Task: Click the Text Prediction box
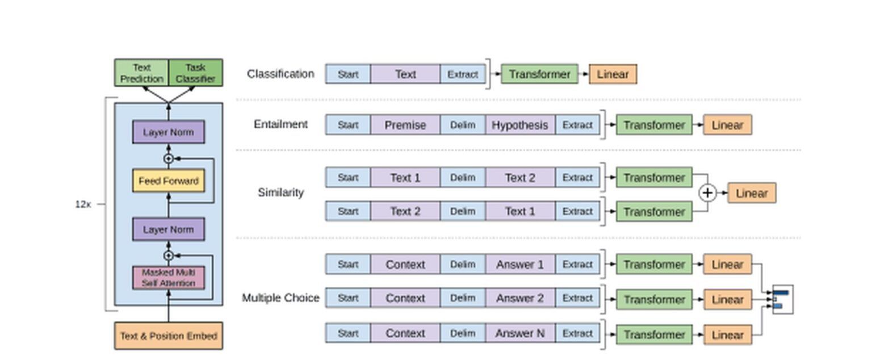pyautogui.click(x=141, y=73)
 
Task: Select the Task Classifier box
pyautogui.click(x=195, y=73)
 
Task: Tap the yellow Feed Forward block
pyautogui.click(x=169, y=181)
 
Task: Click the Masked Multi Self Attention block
pyautogui.click(x=169, y=278)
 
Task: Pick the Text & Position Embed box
pyautogui.click(x=169, y=336)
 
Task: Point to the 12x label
pyautogui.click(x=82, y=204)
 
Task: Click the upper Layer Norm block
pyautogui.click(x=169, y=132)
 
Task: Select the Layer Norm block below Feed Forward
pyautogui.click(x=169, y=229)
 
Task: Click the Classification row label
pyautogui.click(x=280, y=74)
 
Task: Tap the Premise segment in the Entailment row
pyautogui.click(x=405, y=125)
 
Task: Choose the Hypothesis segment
pyautogui.click(x=520, y=125)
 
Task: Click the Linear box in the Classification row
pyautogui.click(x=613, y=74)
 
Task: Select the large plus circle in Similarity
pyautogui.click(x=707, y=193)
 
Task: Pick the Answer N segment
pyautogui.click(x=520, y=333)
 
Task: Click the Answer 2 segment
pyautogui.click(x=520, y=298)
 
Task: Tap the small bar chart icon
pyautogui.click(x=782, y=299)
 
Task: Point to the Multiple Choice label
pyautogui.click(x=280, y=298)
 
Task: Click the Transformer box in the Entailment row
pyautogui.click(x=654, y=125)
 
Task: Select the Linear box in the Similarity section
pyautogui.click(x=751, y=193)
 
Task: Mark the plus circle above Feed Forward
pyautogui.click(x=169, y=158)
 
